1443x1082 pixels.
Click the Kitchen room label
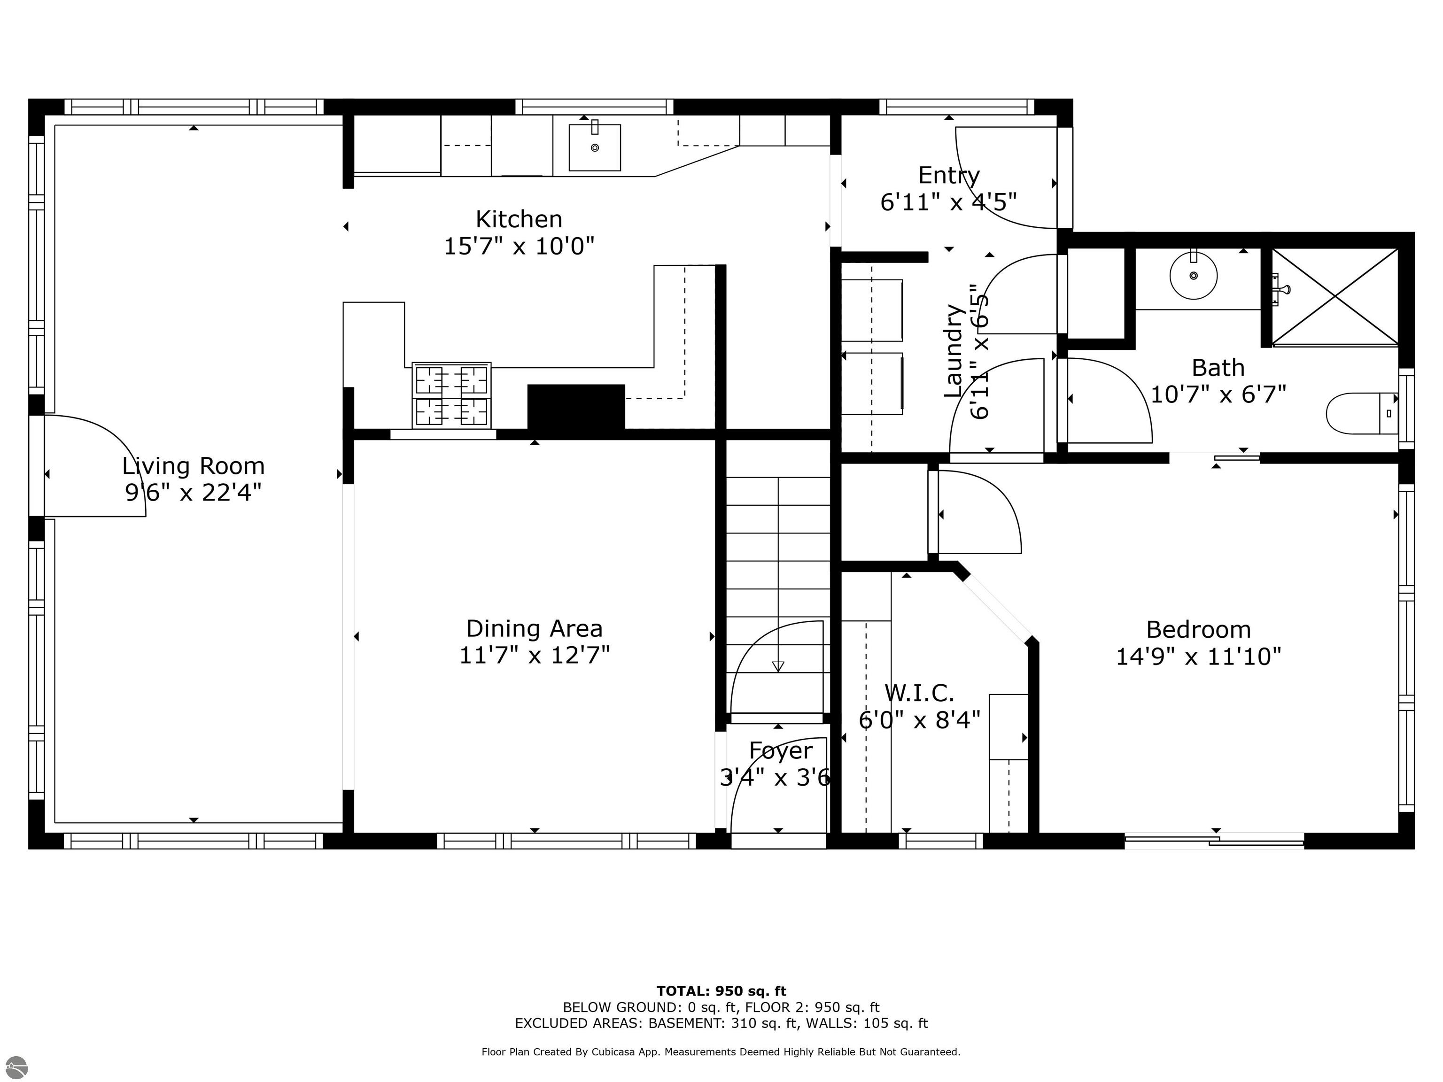click(519, 219)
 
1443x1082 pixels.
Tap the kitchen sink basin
click(594, 148)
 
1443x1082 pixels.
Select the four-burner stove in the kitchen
click(451, 395)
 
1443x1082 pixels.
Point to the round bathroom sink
click(1193, 276)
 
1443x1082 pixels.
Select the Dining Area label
click(534, 629)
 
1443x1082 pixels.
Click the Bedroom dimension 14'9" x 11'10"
click(1198, 657)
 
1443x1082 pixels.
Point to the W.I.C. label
click(919, 693)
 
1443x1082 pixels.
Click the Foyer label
click(780, 750)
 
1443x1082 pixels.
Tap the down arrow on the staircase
click(777, 666)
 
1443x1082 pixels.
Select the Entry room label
click(948, 176)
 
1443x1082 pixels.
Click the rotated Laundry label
click(954, 351)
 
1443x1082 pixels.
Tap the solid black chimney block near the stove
click(575, 406)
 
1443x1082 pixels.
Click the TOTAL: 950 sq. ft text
click(721, 992)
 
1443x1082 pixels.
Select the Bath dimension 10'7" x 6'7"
click(1218, 394)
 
